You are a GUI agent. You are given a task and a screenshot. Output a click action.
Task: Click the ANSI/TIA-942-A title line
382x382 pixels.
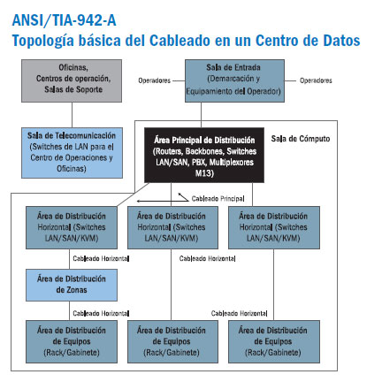(x=64, y=20)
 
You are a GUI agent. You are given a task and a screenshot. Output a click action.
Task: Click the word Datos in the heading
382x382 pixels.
(x=341, y=41)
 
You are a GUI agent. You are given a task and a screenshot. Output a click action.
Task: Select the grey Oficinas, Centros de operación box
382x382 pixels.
(x=72, y=81)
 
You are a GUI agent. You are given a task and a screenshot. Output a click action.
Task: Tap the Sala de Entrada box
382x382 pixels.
(x=234, y=81)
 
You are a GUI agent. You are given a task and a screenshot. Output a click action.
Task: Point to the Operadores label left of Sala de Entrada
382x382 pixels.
(x=155, y=80)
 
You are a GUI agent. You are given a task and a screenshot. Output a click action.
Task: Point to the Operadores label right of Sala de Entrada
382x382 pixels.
(x=316, y=80)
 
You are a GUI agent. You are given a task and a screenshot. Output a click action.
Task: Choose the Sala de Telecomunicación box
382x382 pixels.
(x=72, y=153)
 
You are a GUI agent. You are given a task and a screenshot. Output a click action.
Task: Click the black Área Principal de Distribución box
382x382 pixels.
(x=204, y=155)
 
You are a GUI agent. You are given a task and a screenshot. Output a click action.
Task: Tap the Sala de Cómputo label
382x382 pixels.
(x=301, y=139)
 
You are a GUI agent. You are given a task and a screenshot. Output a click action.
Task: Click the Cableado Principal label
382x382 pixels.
(x=218, y=199)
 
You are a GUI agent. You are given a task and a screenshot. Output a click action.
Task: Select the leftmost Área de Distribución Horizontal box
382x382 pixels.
(x=72, y=227)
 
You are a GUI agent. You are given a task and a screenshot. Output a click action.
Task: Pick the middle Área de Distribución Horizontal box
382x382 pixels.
(x=172, y=227)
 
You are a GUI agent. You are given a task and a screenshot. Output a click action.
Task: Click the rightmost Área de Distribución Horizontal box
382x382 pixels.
(x=274, y=227)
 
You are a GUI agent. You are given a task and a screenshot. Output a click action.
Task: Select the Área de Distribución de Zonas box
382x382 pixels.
(x=72, y=285)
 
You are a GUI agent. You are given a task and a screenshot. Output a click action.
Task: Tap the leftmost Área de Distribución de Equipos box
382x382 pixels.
(x=72, y=341)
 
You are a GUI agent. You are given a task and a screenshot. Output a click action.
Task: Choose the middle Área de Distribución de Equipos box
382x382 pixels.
(x=172, y=341)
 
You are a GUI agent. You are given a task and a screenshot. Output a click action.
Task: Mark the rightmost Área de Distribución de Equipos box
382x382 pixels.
(x=274, y=341)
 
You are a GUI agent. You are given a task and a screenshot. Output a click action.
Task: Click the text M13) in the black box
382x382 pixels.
(x=204, y=173)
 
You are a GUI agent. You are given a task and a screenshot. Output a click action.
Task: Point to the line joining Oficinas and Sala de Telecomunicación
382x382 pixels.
(x=72, y=115)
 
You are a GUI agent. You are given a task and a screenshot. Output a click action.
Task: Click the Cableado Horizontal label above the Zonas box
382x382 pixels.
(x=101, y=258)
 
